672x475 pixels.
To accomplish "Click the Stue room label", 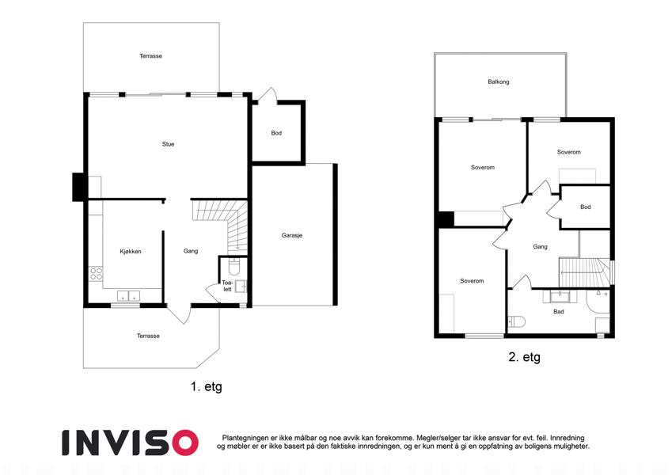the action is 168,144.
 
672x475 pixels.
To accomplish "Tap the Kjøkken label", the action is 131,251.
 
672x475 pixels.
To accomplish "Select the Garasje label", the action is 292,235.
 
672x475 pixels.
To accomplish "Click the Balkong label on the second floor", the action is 499,82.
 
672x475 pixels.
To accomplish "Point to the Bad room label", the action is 559,312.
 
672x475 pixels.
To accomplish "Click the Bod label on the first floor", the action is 276,133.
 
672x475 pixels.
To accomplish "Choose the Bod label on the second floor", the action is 586,207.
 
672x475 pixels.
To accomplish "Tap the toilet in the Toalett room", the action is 234,266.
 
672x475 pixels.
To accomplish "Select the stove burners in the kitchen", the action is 96,273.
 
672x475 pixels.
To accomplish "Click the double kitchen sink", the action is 128,296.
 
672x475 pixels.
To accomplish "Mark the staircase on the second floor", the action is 585,272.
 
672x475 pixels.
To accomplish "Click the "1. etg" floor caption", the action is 207,386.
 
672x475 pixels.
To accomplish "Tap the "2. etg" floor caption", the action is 524,357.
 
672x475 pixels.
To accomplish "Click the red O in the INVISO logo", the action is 184,443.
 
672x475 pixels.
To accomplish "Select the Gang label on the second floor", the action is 540,246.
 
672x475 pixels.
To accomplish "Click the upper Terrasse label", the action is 150,55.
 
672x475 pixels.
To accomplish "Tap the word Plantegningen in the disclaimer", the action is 245,438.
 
